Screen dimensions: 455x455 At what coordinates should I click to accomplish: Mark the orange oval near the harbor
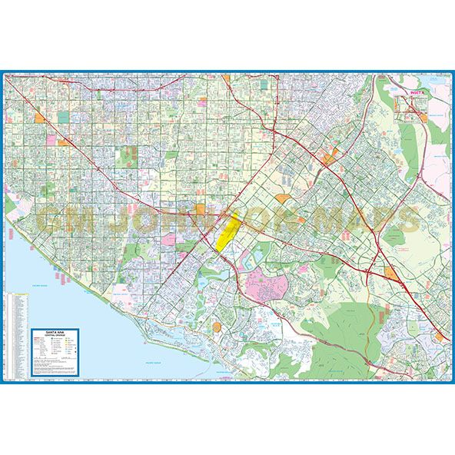pyautogui.click(x=217, y=327)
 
